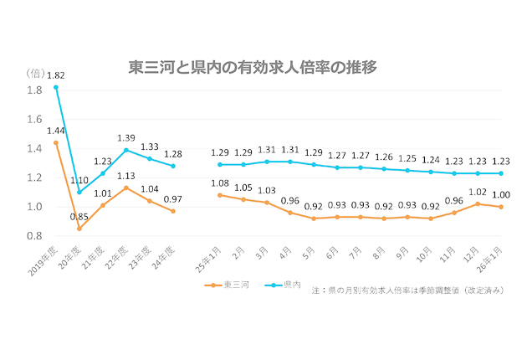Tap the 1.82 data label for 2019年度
pyautogui.click(x=55, y=75)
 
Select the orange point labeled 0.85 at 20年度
pyautogui.click(x=79, y=229)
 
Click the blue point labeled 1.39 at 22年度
pyautogui.click(x=126, y=150)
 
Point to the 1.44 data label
pyautogui.click(x=55, y=131)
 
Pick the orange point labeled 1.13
pyautogui.click(x=126, y=188)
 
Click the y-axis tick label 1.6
pyautogui.click(x=34, y=119)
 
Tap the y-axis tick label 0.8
pyautogui.click(x=34, y=236)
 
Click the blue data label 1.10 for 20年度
pyautogui.click(x=79, y=180)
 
